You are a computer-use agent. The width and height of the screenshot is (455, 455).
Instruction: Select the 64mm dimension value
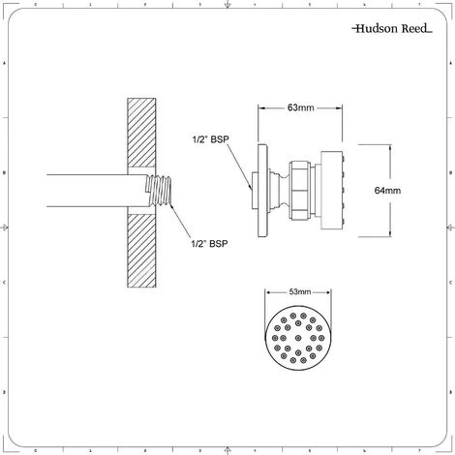click(x=385, y=192)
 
